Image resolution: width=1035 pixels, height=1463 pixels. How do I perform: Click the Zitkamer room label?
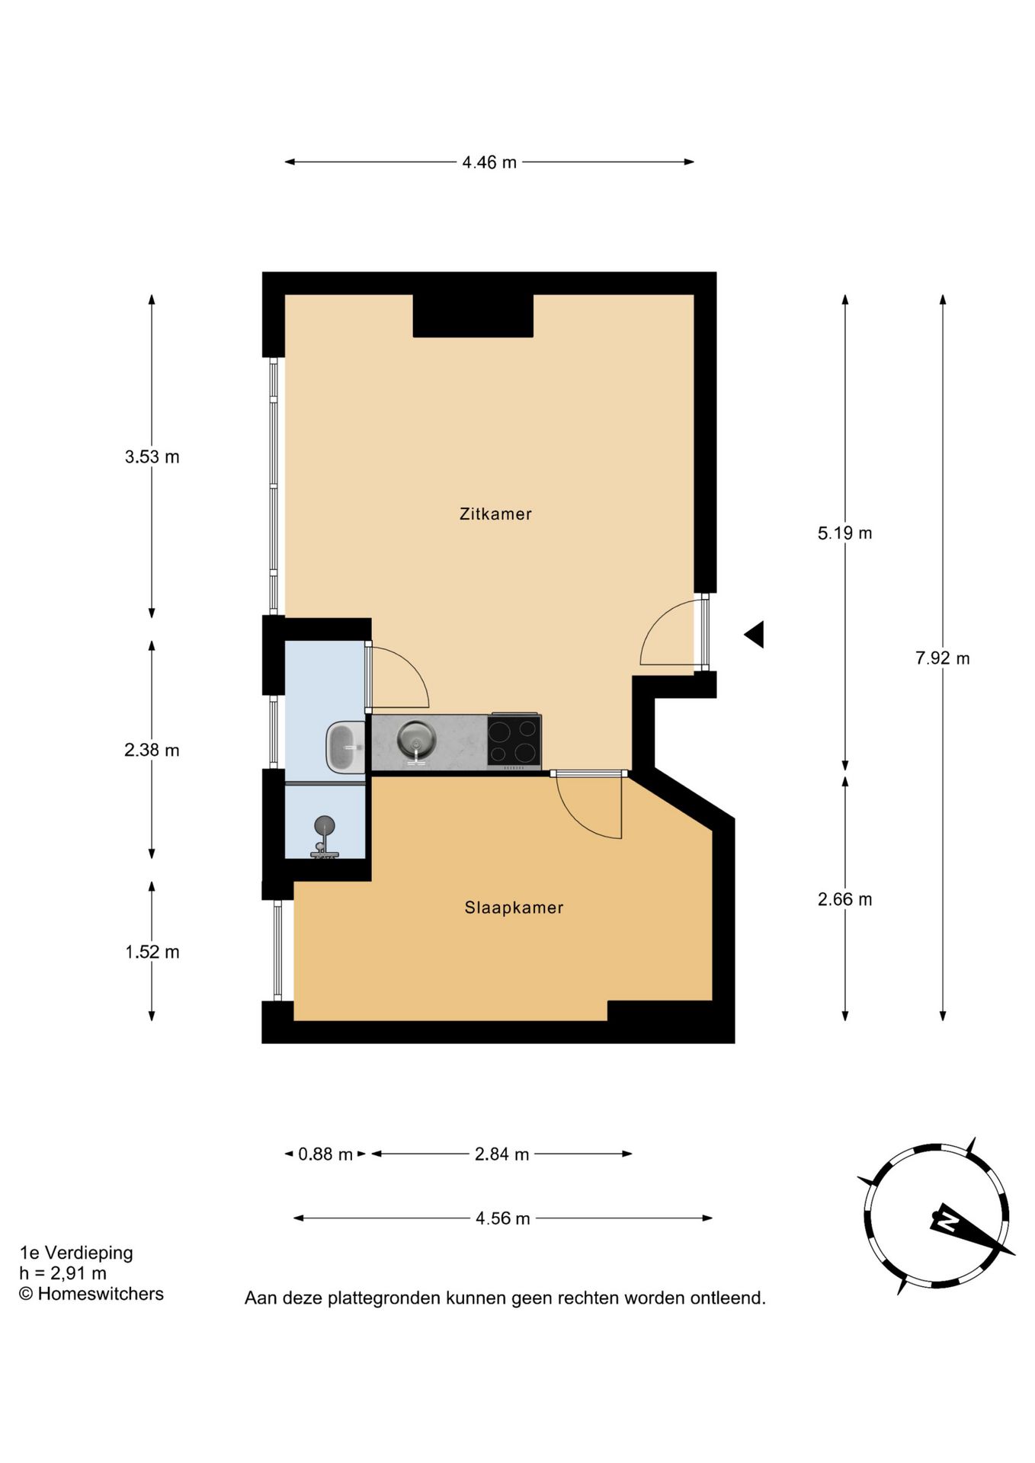(x=495, y=514)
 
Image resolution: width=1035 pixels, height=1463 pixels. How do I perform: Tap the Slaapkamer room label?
(x=514, y=908)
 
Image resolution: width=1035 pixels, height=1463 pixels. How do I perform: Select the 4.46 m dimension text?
(x=489, y=162)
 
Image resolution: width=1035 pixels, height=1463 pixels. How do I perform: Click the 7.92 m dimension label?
(x=942, y=658)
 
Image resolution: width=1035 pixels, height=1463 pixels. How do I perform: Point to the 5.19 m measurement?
(x=844, y=533)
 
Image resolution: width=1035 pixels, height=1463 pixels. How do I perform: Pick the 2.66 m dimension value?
(x=844, y=899)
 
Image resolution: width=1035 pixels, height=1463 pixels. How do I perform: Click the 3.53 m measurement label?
(x=152, y=457)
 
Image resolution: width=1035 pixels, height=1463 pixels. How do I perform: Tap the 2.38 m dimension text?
(x=152, y=751)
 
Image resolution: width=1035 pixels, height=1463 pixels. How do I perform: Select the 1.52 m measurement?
(x=152, y=952)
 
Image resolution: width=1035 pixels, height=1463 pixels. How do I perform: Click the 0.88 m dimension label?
(x=325, y=1154)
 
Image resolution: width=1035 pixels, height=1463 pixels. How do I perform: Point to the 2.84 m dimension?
(x=501, y=1154)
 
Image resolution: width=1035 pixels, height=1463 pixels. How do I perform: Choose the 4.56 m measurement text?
(x=502, y=1218)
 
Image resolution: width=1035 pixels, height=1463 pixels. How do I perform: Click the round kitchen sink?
(x=416, y=739)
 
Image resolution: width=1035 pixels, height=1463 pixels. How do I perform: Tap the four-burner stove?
(x=514, y=741)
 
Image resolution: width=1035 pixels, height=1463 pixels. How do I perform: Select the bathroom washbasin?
(x=346, y=748)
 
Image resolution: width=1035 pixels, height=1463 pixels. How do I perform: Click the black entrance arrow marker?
(x=755, y=634)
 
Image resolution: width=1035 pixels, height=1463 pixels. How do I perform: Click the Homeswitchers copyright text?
(x=91, y=1294)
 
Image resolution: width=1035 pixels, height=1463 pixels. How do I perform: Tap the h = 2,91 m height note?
(x=63, y=1273)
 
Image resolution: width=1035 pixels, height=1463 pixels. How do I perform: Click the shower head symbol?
(x=325, y=826)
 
